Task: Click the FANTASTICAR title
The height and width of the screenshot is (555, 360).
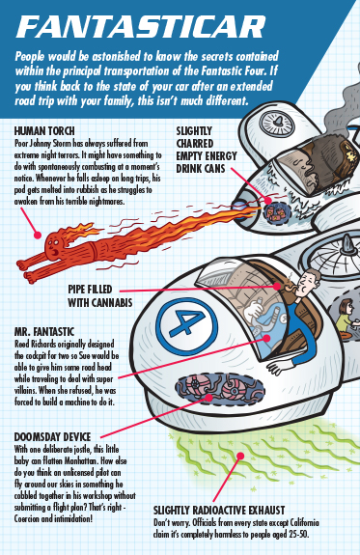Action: point(141,27)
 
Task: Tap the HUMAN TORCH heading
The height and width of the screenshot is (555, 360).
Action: point(44,131)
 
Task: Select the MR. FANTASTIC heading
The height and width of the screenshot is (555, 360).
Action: point(44,332)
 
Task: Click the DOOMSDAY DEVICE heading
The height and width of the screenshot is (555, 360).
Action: point(52,437)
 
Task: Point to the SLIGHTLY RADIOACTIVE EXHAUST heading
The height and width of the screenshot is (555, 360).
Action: point(219,510)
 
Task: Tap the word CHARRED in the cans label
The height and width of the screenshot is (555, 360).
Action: point(195,144)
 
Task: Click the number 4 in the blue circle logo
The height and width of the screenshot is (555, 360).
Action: point(187,323)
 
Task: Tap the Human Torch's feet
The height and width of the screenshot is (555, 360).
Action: point(25,271)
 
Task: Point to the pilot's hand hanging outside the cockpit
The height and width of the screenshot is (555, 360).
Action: point(277,368)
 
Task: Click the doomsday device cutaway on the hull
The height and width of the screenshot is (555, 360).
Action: point(220,389)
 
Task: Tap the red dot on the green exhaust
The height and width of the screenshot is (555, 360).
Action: point(240,456)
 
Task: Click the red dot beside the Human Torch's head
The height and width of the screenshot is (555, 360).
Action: point(38,235)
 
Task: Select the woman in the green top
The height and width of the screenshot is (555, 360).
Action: point(346,317)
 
